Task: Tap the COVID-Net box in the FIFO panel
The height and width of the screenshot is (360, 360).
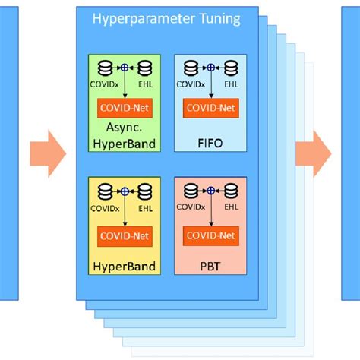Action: [210, 109]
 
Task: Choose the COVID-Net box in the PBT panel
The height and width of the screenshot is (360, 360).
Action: [210, 236]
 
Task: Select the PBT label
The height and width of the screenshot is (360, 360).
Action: [210, 267]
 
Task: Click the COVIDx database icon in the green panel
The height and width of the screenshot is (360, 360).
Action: [105, 66]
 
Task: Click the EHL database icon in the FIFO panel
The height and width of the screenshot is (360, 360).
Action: [232, 66]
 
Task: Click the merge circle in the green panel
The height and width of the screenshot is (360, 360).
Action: [125, 66]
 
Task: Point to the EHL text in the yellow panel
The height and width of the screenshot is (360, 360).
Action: [148, 206]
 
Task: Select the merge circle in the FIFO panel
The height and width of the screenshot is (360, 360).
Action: [210, 66]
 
